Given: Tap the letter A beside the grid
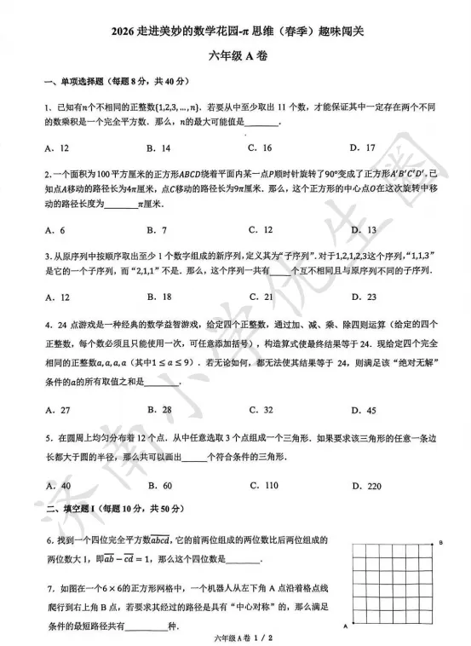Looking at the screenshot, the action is click(x=345, y=626).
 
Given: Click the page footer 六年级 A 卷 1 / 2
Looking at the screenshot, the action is click(x=235, y=637).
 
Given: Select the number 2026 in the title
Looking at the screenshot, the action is click(x=122, y=32).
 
